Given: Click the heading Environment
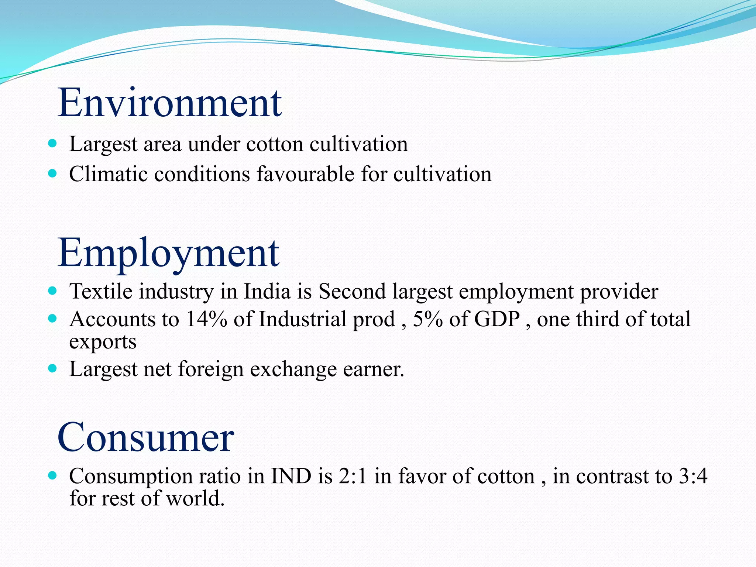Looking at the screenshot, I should click(x=170, y=103).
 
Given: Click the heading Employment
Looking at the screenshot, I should click(x=168, y=253).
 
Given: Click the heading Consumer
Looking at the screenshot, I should click(x=145, y=437).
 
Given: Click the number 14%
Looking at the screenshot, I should click(x=206, y=319).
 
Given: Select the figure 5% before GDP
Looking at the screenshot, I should click(x=427, y=319).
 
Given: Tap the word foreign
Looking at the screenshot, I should click(x=211, y=369).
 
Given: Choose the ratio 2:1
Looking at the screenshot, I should click(x=353, y=476).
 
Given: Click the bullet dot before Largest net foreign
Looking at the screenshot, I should click(x=52, y=368).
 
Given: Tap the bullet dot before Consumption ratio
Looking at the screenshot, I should click(x=52, y=475).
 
